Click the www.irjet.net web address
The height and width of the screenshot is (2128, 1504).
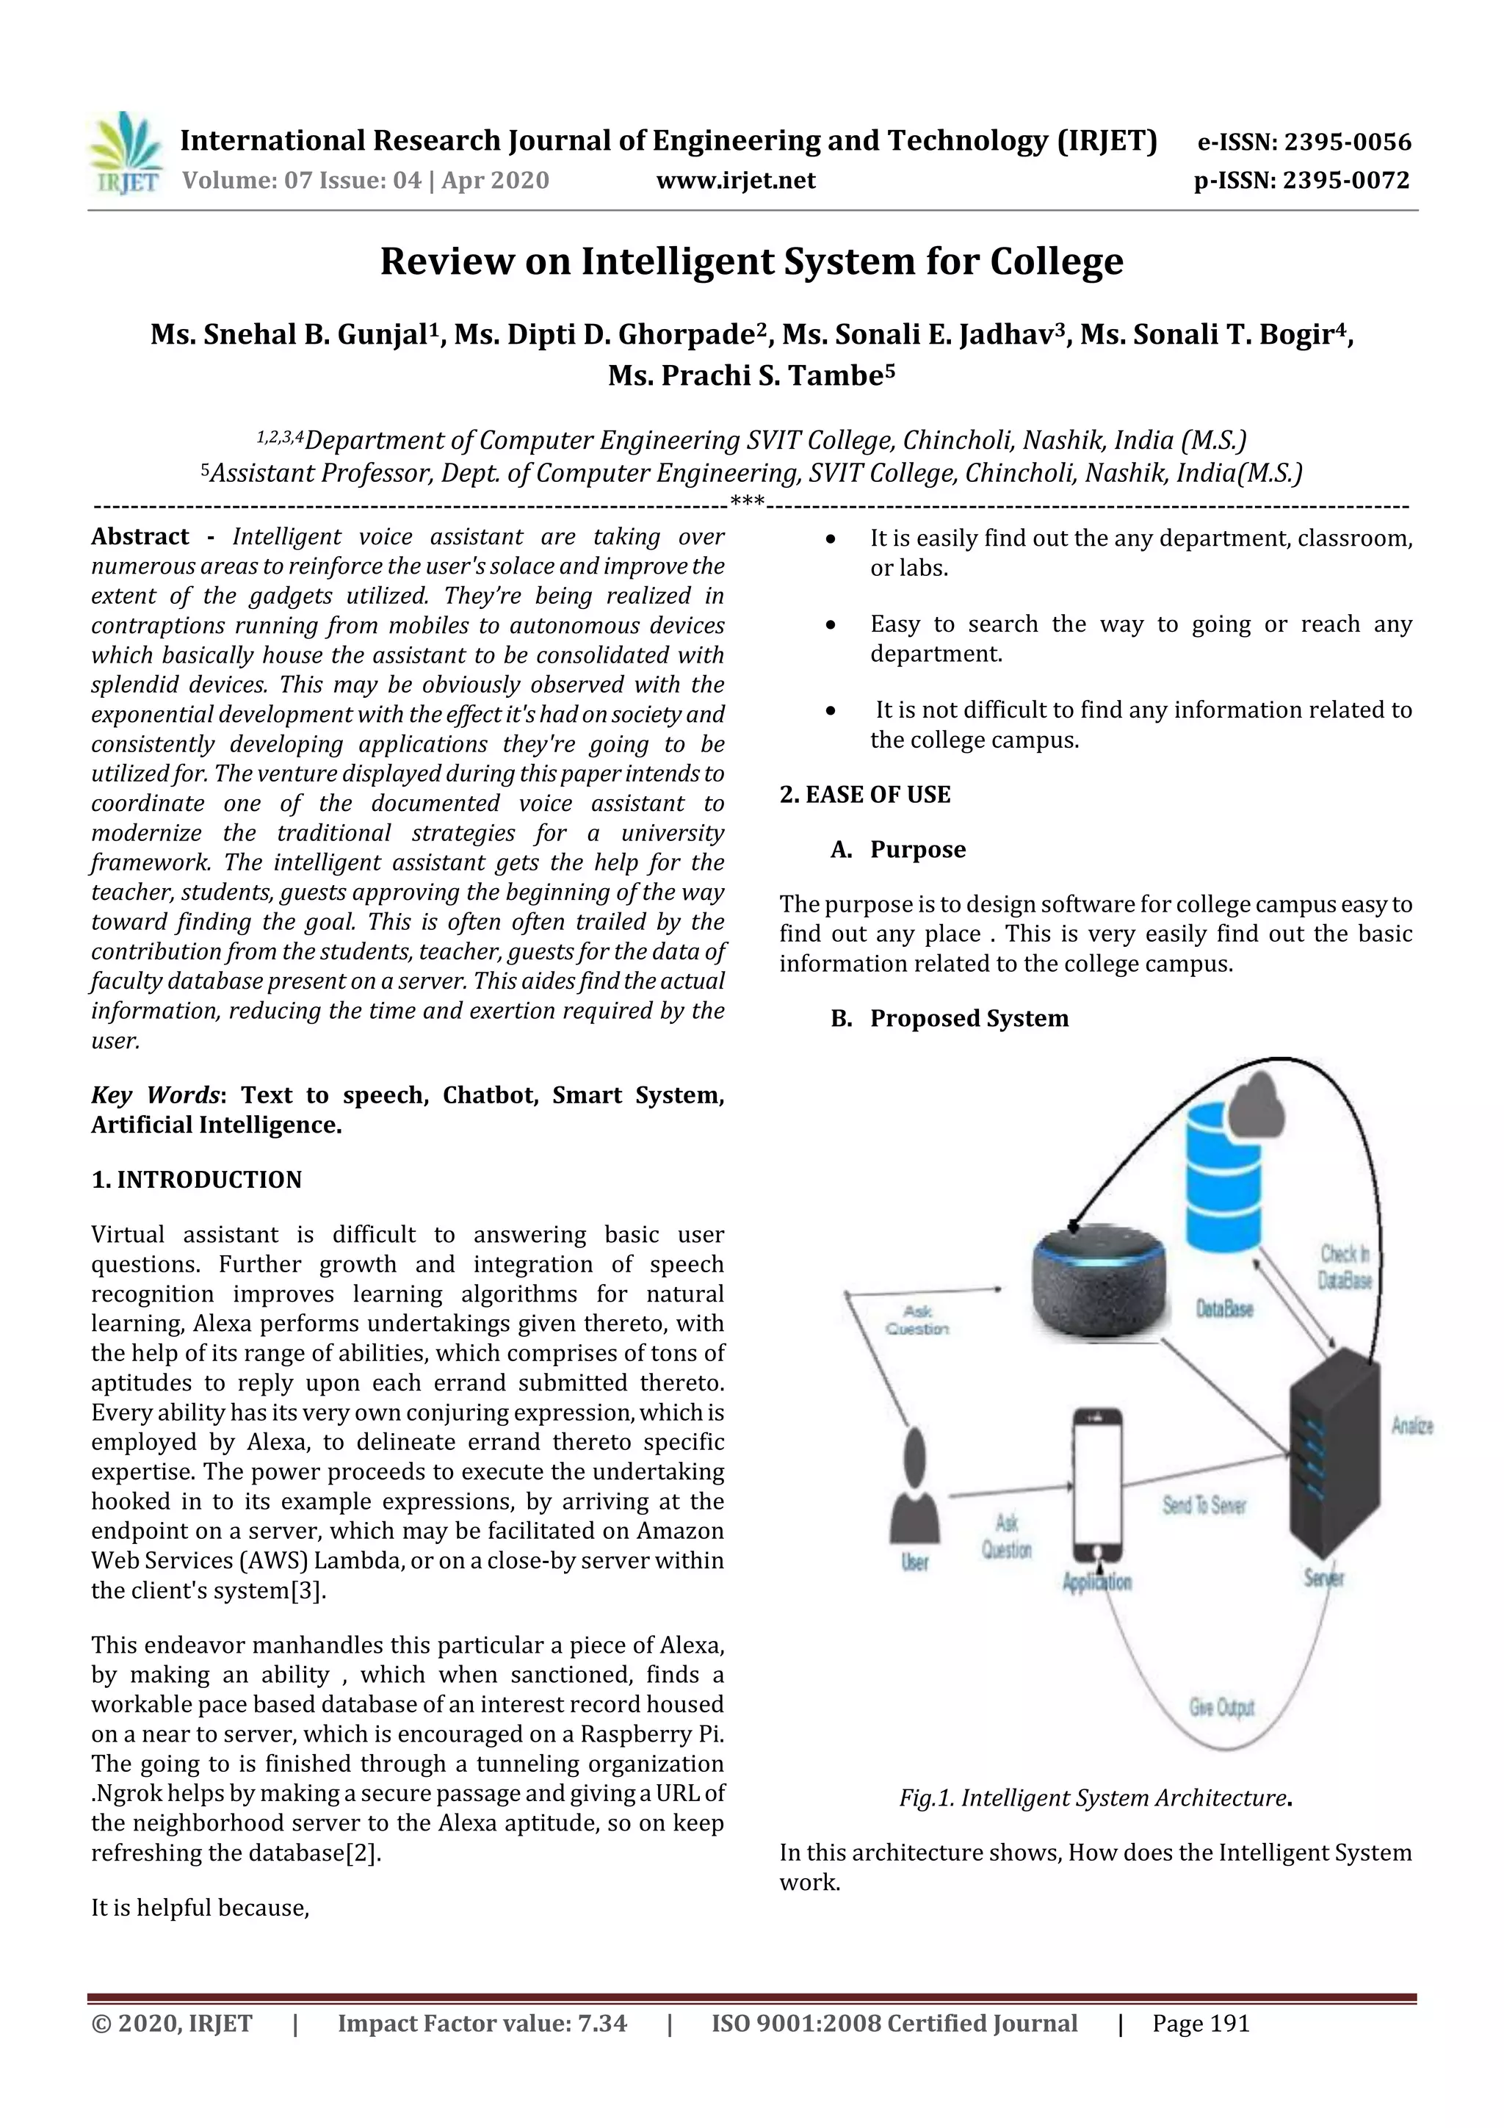point(736,180)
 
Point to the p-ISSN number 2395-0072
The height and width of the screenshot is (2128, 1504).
point(1302,180)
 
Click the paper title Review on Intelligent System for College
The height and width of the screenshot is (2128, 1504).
point(751,262)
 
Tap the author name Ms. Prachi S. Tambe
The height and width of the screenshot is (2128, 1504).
point(751,375)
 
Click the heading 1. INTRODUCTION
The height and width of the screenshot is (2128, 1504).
point(197,1179)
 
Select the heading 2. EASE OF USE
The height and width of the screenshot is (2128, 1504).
point(864,794)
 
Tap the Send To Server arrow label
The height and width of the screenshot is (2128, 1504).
point(1204,1505)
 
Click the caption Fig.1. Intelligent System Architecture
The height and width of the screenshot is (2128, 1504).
point(1096,1798)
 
